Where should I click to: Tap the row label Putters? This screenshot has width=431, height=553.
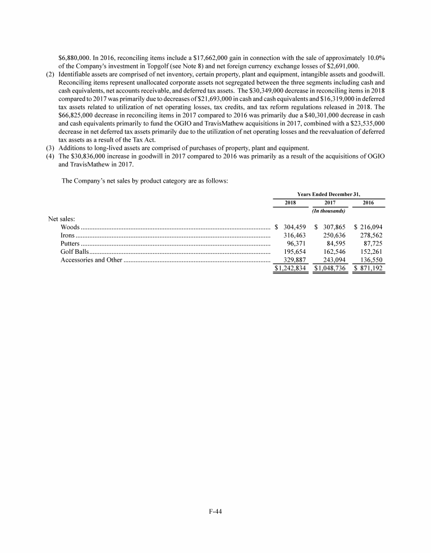(70, 244)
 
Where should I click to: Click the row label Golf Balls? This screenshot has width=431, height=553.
(74, 253)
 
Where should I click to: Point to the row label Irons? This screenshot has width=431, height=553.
(68, 236)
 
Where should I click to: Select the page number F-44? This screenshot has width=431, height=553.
(215, 511)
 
